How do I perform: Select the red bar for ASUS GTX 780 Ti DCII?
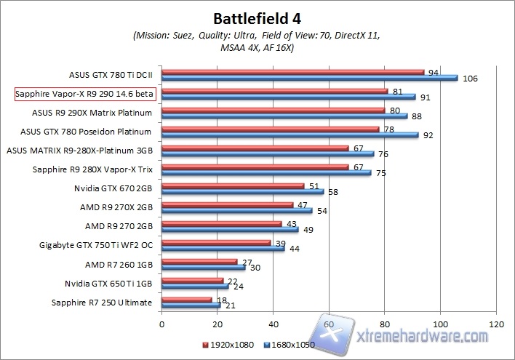click(x=292, y=72)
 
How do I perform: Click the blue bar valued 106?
click(x=309, y=78)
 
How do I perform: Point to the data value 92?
click(x=428, y=135)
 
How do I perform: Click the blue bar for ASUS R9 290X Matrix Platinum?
click(x=284, y=116)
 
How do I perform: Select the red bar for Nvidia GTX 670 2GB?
click(x=233, y=185)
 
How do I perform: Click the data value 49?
click(x=308, y=229)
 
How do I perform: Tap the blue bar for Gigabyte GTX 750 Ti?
click(x=223, y=248)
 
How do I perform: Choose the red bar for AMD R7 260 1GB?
click(x=199, y=261)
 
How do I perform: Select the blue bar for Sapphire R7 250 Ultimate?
click(x=191, y=305)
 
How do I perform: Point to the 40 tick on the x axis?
click(x=274, y=324)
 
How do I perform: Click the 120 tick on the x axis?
click(x=496, y=324)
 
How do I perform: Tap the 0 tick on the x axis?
click(x=162, y=324)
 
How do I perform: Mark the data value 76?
click(x=384, y=153)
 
